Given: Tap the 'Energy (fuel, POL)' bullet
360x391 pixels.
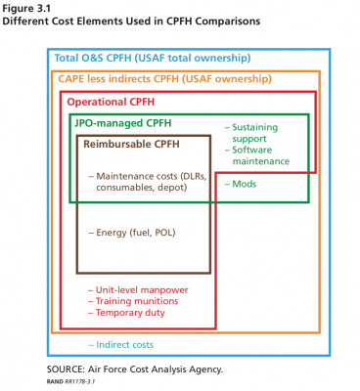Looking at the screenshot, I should coord(137,233).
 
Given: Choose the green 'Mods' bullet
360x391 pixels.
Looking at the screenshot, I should coord(244,183).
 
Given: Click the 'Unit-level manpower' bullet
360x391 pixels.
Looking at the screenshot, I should coord(142,290).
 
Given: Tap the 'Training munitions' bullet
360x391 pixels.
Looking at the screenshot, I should coord(139,302).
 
